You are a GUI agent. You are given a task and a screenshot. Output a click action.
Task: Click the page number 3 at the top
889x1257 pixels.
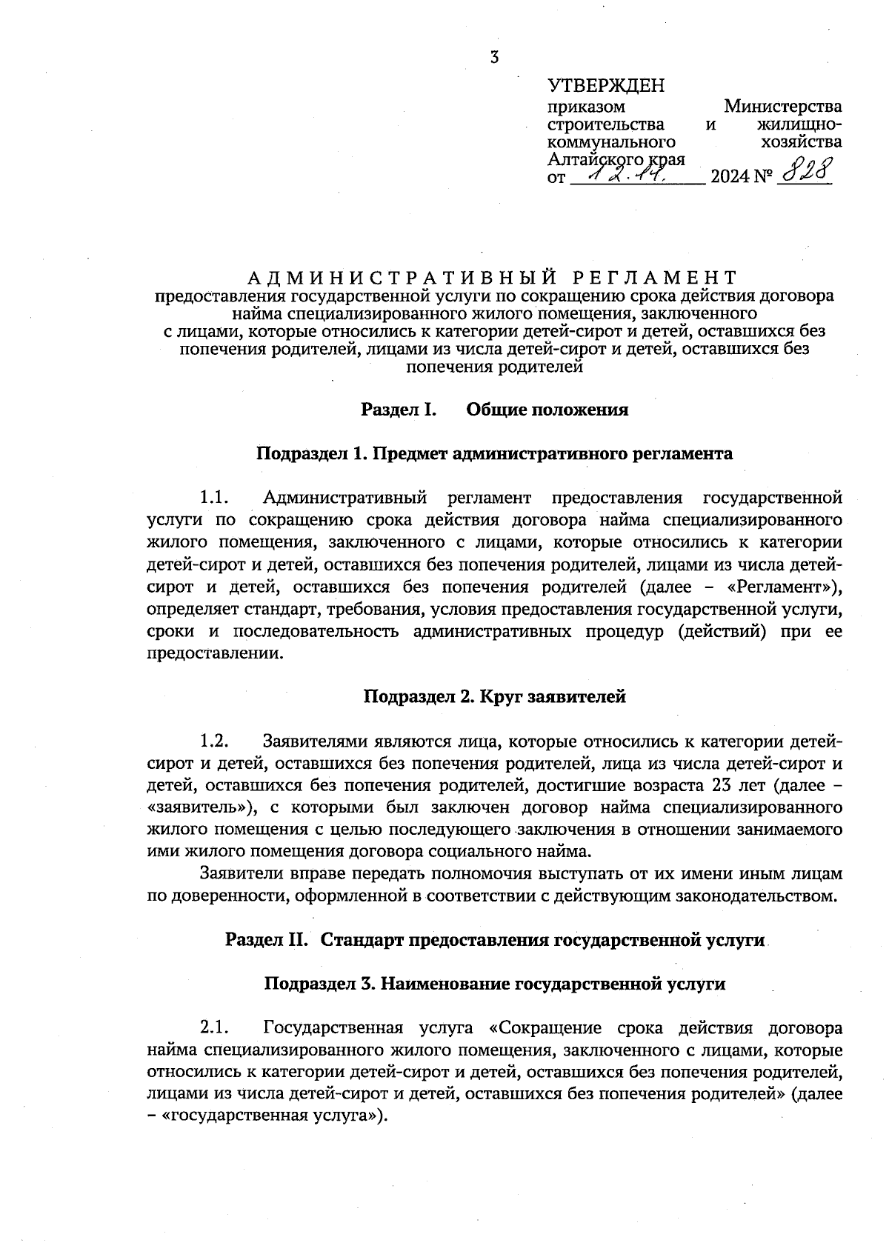point(494,58)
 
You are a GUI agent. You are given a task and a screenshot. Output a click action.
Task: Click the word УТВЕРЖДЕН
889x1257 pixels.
point(606,86)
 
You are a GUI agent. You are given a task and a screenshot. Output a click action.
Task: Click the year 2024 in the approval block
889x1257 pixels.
point(729,178)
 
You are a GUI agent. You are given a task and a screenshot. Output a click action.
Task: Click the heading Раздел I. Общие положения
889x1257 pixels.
point(494,410)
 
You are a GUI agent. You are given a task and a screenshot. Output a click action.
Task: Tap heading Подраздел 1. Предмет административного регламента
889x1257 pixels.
point(494,453)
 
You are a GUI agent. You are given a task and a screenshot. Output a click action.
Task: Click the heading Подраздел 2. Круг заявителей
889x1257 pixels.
point(494,697)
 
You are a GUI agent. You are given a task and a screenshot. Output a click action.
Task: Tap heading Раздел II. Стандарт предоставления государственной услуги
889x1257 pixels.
point(494,941)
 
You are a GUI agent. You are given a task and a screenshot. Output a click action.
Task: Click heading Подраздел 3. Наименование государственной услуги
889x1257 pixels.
point(494,984)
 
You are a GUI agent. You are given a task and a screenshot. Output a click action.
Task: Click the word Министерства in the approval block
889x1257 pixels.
point(782,107)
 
